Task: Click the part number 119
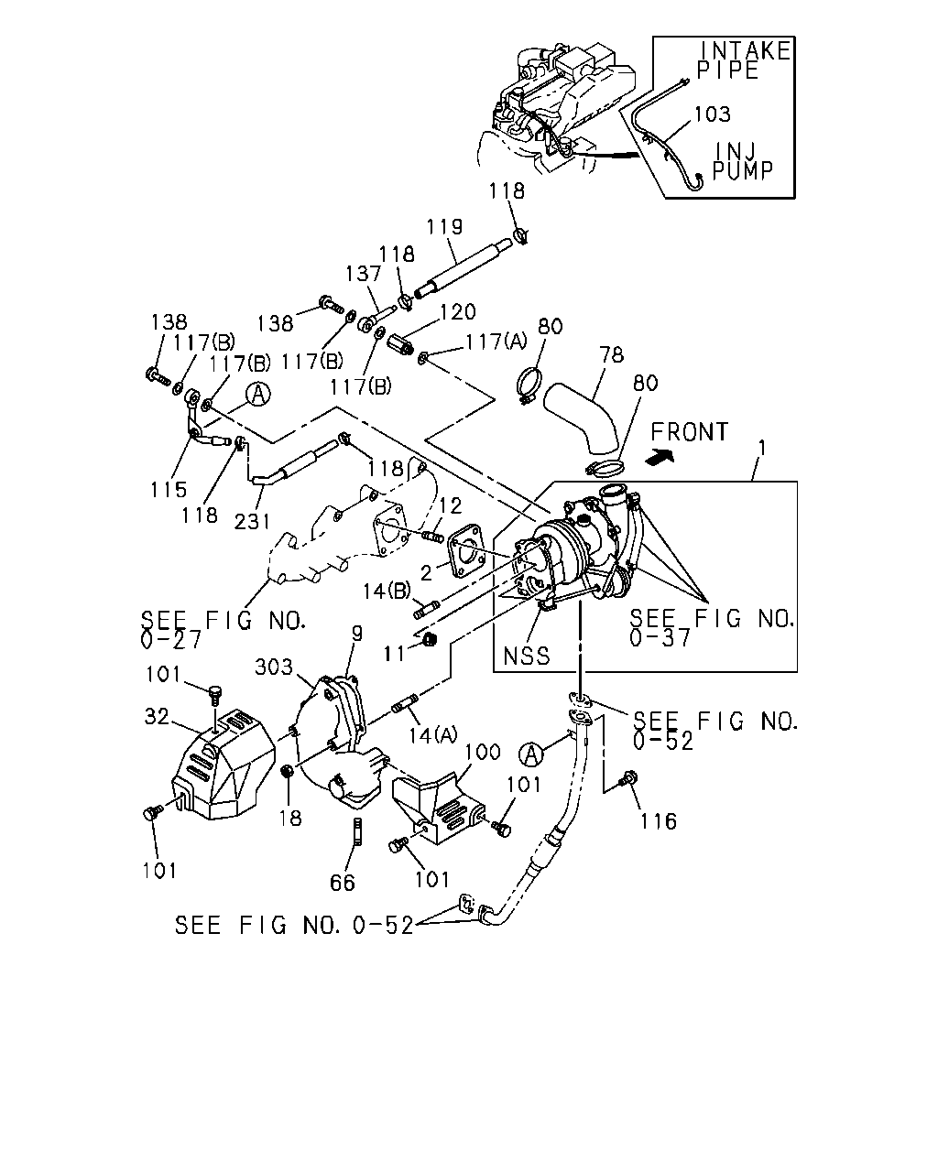(444, 226)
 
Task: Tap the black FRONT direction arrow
(659, 457)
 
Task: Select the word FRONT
(690, 432)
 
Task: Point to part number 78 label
(612, 354)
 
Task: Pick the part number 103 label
(713, 114)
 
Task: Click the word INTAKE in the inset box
(745, 50)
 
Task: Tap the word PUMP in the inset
(742, 171)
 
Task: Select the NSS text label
(526, 657)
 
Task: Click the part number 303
(274, 667)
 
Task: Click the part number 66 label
(343, 883)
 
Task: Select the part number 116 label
(658, 821)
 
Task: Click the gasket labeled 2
(466, 551)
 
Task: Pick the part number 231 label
(252, 522)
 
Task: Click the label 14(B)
(387, 591)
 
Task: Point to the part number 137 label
(363, 274)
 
